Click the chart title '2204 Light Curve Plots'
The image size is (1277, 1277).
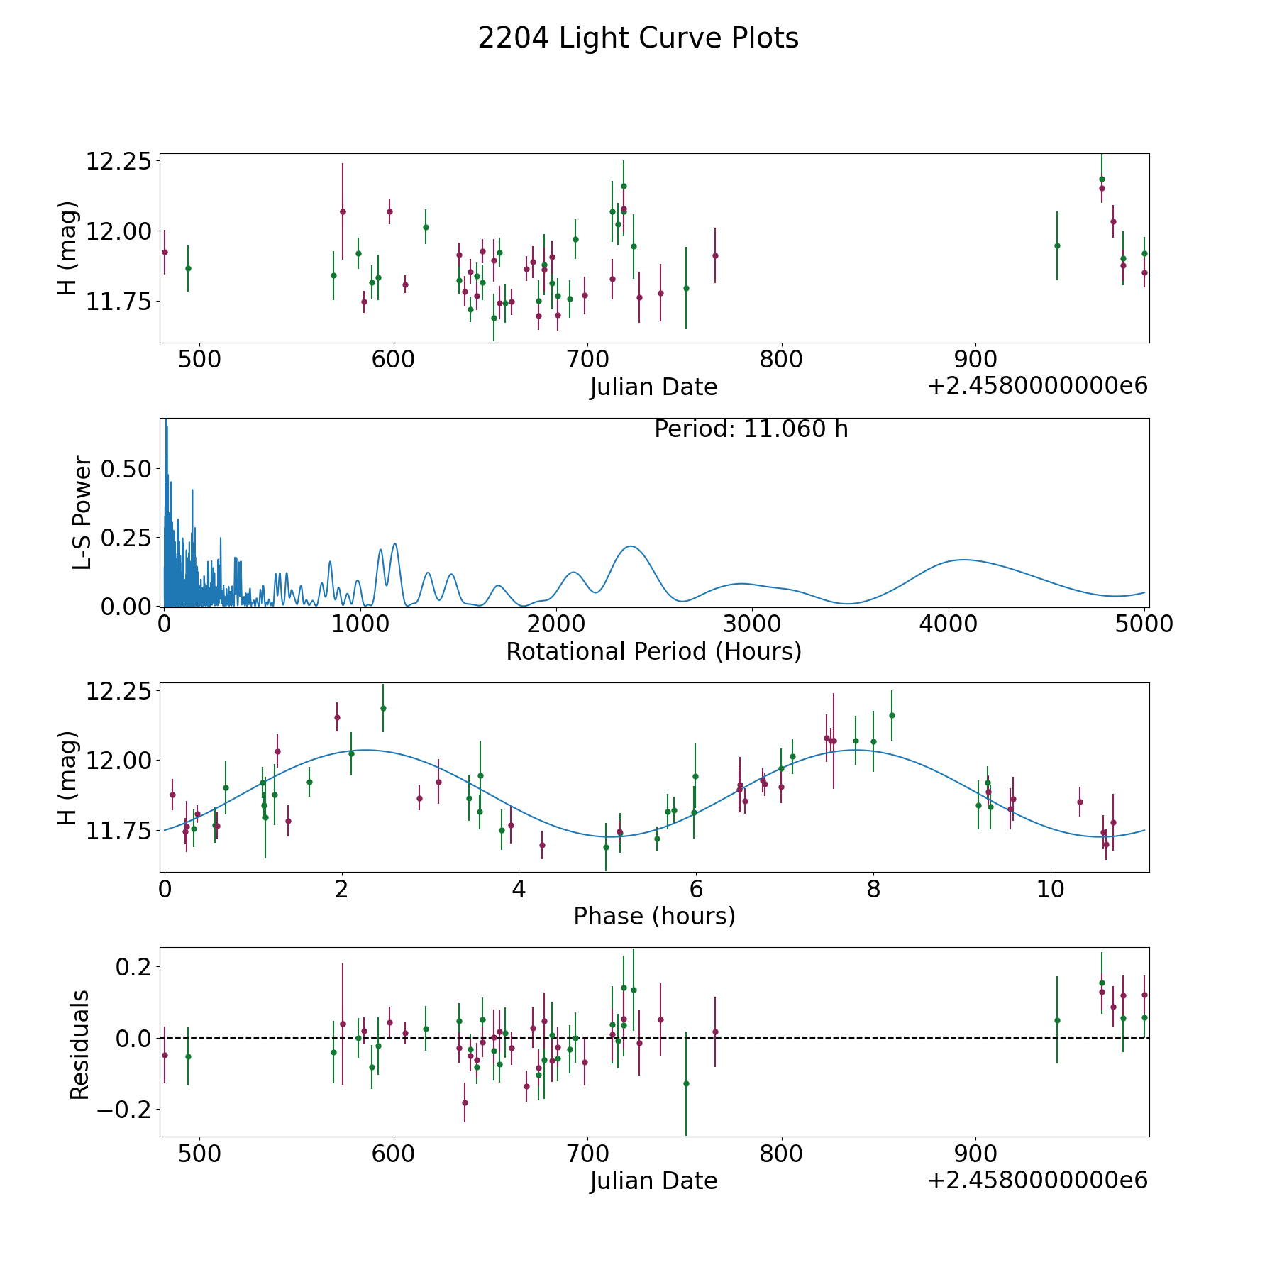[638, 38]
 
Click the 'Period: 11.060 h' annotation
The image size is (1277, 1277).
[751, 429]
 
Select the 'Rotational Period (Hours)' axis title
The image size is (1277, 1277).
[653, 651]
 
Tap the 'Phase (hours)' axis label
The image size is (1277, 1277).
[654, 916]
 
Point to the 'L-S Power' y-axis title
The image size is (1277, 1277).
[83, 512]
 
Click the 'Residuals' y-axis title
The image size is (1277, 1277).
[80, 1044]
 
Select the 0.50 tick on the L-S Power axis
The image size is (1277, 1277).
[126, 469]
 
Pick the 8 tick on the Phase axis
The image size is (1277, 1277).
[873, 889]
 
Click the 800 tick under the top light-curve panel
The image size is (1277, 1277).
[781, 360]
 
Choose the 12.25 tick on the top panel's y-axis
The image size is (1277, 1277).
[118, 161]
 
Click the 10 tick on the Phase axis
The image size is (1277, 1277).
[1051, 889]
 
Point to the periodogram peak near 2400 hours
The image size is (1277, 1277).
[630, 546]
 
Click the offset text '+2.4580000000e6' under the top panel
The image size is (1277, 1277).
[1037, 386]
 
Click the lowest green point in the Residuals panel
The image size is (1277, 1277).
[686, 1083]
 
